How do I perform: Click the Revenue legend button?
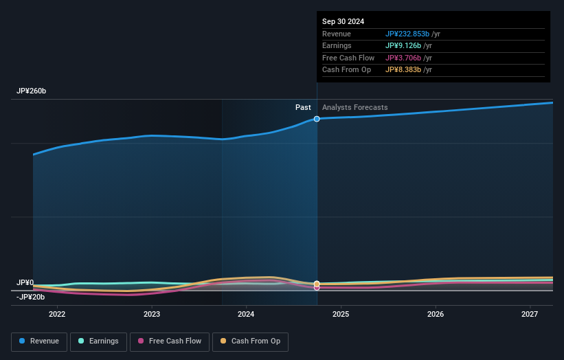tap(39, 341)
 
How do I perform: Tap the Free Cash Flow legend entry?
tap(170, 341)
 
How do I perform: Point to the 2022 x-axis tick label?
tap(57, 315)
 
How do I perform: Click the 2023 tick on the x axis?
tap(152, 315)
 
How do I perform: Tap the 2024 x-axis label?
tap(246, 315)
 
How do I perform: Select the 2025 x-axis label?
tap(341, 315)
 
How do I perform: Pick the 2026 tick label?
tap(435, 315)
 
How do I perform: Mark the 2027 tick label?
tap(530, 315)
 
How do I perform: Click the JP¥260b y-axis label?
tap(32, 91)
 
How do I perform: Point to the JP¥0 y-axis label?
tap(25, 282)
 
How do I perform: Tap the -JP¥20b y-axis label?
tap(31, 297)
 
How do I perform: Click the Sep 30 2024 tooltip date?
tap(343, 21)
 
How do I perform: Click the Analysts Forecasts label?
tap(354, 108)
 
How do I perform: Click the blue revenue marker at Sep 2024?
tap(317, 119)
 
